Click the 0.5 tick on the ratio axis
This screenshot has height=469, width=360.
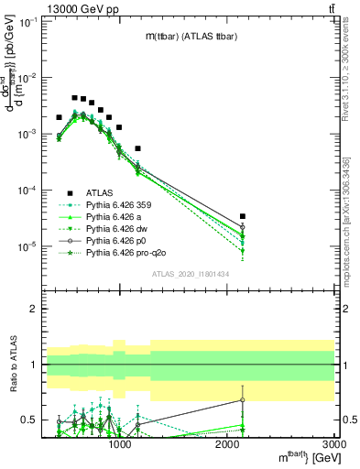click(27, 420)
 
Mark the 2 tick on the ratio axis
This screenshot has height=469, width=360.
click(32, 310)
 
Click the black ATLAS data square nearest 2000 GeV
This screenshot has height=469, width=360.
click(242, 216)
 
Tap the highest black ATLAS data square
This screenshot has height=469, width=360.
click(74, 97)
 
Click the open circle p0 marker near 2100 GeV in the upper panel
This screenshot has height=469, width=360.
click(242, 226)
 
